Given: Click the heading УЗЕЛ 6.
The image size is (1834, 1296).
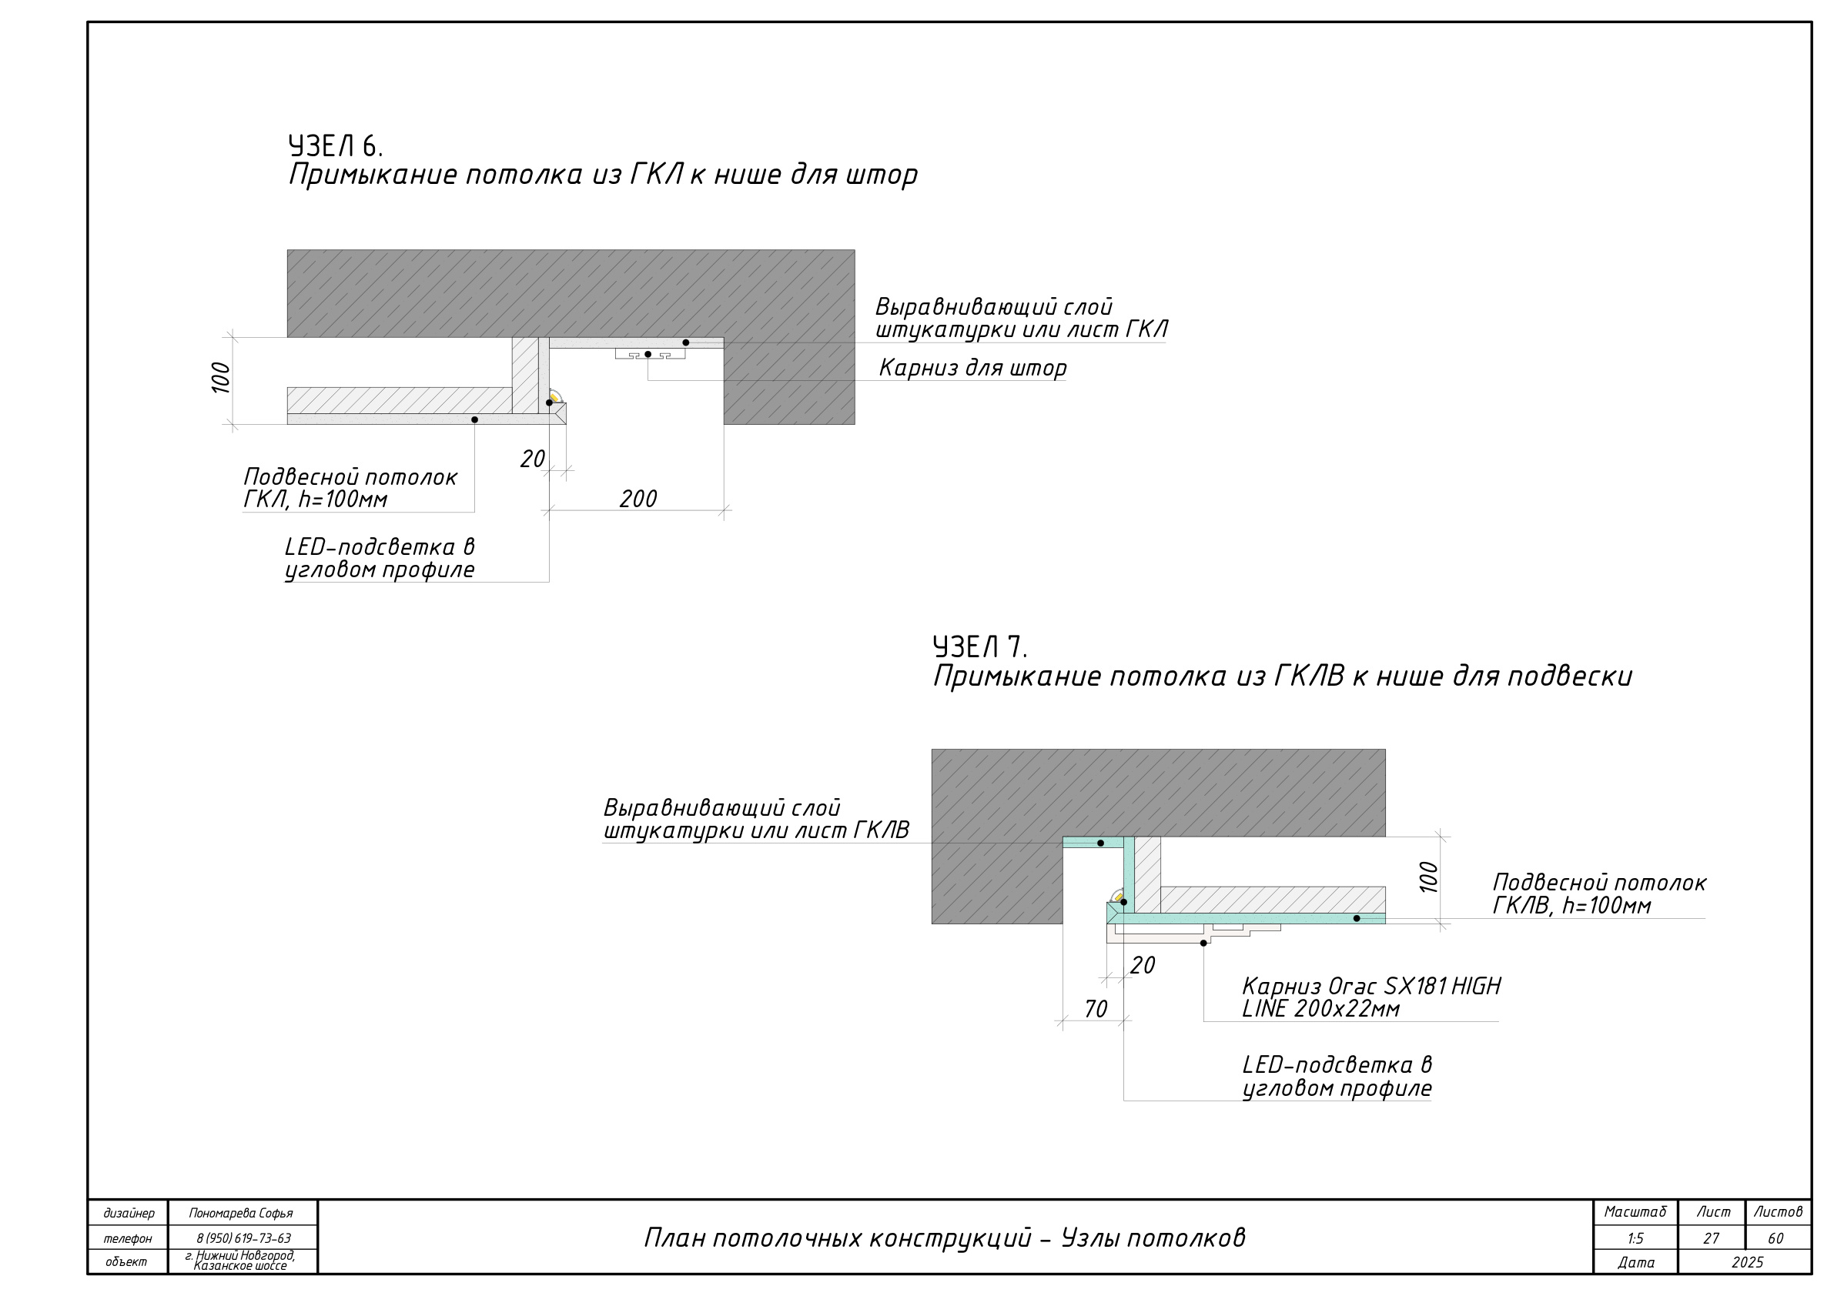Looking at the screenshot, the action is coord(336,146).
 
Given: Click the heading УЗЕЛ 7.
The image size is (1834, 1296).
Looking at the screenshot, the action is coord(979,646).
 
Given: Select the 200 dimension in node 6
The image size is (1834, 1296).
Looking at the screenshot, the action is coord(638,499).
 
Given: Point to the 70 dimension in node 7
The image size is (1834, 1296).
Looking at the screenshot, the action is coord(1096,1010).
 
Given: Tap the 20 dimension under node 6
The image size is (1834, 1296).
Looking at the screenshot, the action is coord(533,459).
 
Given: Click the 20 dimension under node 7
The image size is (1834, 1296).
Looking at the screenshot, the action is coord(1143,965).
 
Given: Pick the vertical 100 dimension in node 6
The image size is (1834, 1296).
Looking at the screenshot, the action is coord(221,378).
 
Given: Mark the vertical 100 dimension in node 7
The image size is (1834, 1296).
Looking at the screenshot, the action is coord(1429,877).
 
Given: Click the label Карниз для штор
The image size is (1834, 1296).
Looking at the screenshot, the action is coord(973,368).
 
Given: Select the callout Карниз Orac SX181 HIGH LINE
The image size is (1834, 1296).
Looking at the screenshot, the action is coord(1370,997).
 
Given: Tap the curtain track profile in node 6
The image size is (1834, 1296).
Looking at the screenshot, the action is coord(650,354).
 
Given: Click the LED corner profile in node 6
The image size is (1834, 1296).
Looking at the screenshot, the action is coord(555,397).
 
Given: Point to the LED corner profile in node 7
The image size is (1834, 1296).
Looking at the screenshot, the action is coord(1117,896).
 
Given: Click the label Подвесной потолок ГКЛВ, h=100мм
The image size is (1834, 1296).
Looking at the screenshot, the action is coord(1599,894).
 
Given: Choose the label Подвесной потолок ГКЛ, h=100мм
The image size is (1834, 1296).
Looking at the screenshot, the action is coord(350,488).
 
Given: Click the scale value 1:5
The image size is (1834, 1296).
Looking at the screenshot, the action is coord(1635,1238).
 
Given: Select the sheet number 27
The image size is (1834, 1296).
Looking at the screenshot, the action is coord(1711,1238).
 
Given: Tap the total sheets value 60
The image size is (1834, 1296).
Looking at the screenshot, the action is coord(1776,1238).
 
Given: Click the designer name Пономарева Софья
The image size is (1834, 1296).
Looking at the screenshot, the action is coord(241,1213).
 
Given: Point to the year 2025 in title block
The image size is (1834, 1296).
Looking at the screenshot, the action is coord(1747,1262).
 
